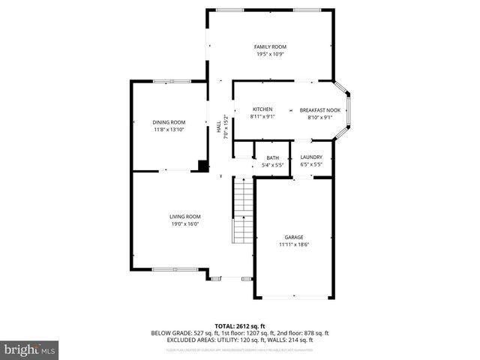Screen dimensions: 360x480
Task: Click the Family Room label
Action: pyautogui.click(x=270, y=47)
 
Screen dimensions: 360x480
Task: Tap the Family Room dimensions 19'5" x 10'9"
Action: pyautogui.click(x=270, y=55)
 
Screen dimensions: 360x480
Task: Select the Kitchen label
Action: pyautogui.click(x=262, y=109)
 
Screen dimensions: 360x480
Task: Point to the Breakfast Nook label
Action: pyautogui.click(x=319, y=109)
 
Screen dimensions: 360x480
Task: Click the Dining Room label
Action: pyautogui.click(x=169, y=122)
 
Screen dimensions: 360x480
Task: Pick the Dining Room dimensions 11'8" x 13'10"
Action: pyautogui.click(x=169, y=130)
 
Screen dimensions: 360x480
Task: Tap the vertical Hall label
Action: pyautogui.click(x=219, y=128)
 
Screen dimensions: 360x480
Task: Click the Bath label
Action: pyautogui.click(x=272, y=157)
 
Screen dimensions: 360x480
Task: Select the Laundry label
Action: pyautogui.click(x=311, y=157)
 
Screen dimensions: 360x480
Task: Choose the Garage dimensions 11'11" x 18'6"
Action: pyautogui.click(x=293, y=244)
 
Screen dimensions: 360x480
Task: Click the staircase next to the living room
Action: pyautogui.click(x=241, y=210)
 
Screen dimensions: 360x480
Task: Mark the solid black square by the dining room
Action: pyautogui.click(x=202, y=166)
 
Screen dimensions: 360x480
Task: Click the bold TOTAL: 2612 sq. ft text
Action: pyautogui.click(x=240, y=325)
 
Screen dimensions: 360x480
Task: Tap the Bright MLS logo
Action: pyautogui.click(x=30, y=350)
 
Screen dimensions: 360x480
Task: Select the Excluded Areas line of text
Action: pyautogui.click(x=240, y=340)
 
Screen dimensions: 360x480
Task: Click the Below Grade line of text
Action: pyautogui.click(x=240, y=332)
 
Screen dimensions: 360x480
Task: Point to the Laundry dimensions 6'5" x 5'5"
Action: pyautogui.click(x=311, y=164)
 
